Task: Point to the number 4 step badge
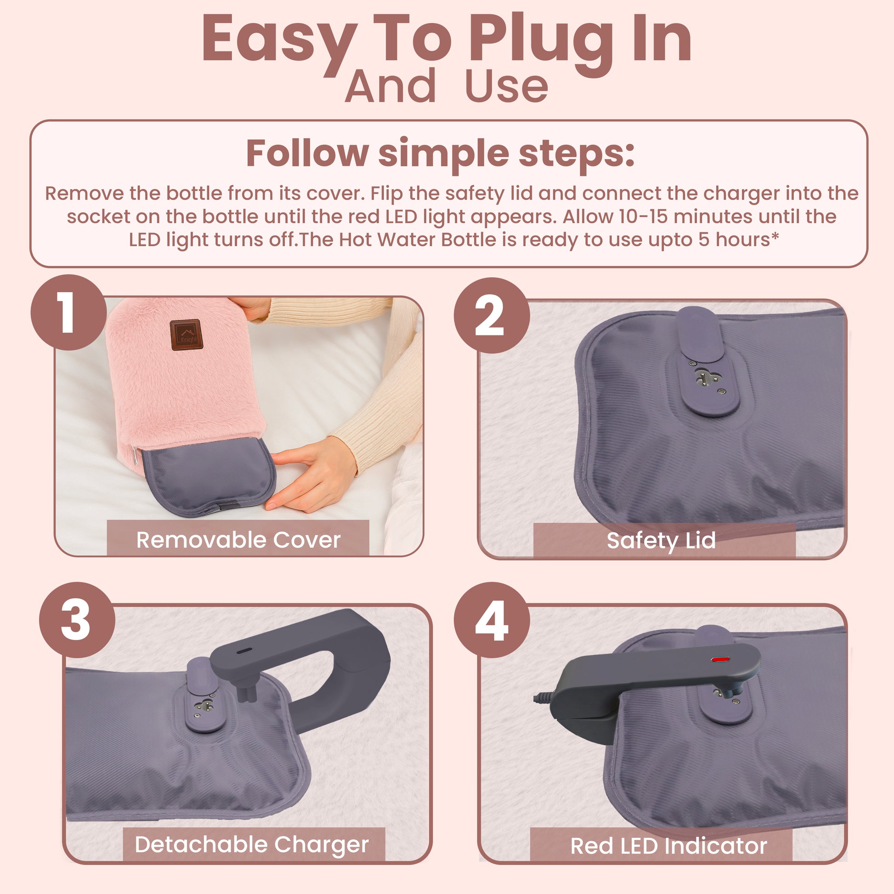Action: [x=492, y=620]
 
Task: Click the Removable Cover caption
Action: [x=238, y=539]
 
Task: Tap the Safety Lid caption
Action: [x=661, y=540]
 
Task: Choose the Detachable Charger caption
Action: [x=252, y=844]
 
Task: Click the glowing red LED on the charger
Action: [x=720, y=659]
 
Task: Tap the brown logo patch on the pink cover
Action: [x=187, y=334]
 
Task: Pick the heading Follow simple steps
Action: [x=440, y=153]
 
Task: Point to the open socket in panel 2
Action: [x=707, y=378]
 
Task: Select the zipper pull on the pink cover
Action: [x=135, y=455]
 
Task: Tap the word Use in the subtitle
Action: [x=506, y=86]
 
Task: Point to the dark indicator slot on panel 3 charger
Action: [x=244, y=650]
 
